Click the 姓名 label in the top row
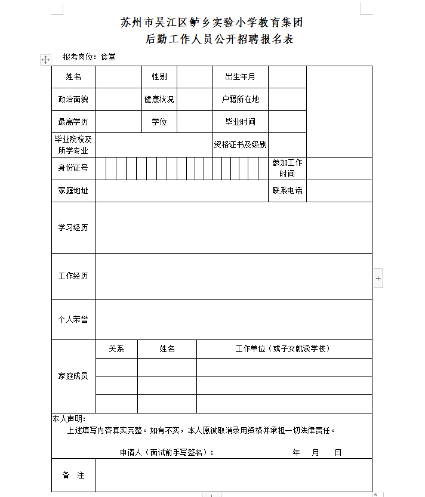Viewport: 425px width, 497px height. [x=73, y=77]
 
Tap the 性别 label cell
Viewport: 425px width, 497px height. [x=159, y=77]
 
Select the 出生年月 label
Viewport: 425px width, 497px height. [x=240, y=77]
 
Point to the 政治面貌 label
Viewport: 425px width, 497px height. [x=73, y=100]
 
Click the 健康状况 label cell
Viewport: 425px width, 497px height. [x=159, y=100]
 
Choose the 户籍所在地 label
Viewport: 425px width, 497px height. [x=240, y=100]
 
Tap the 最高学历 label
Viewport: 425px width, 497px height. [x=73, y=122]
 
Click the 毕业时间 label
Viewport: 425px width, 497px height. [x=240, y=122]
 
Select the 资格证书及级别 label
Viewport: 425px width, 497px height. [x=240, y=144]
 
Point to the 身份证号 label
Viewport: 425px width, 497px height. [x=73, y=168]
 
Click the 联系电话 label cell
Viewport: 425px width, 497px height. [x=287, y=191]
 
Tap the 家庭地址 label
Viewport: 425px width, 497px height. [x=73, y=191]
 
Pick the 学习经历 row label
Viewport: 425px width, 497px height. [x=73, y=228]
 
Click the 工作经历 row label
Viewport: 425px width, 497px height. [x=73, y=276]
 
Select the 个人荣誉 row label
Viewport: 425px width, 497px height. [x=73, y=319]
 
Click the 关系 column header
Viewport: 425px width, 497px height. [x=116, y=349]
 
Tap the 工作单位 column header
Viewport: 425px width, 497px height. [x=284, y=349]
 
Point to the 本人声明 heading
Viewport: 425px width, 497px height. [x=69, y=419]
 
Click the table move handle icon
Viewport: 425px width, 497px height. [x=45, y=60]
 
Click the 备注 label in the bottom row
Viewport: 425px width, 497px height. [x=73, y=476]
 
